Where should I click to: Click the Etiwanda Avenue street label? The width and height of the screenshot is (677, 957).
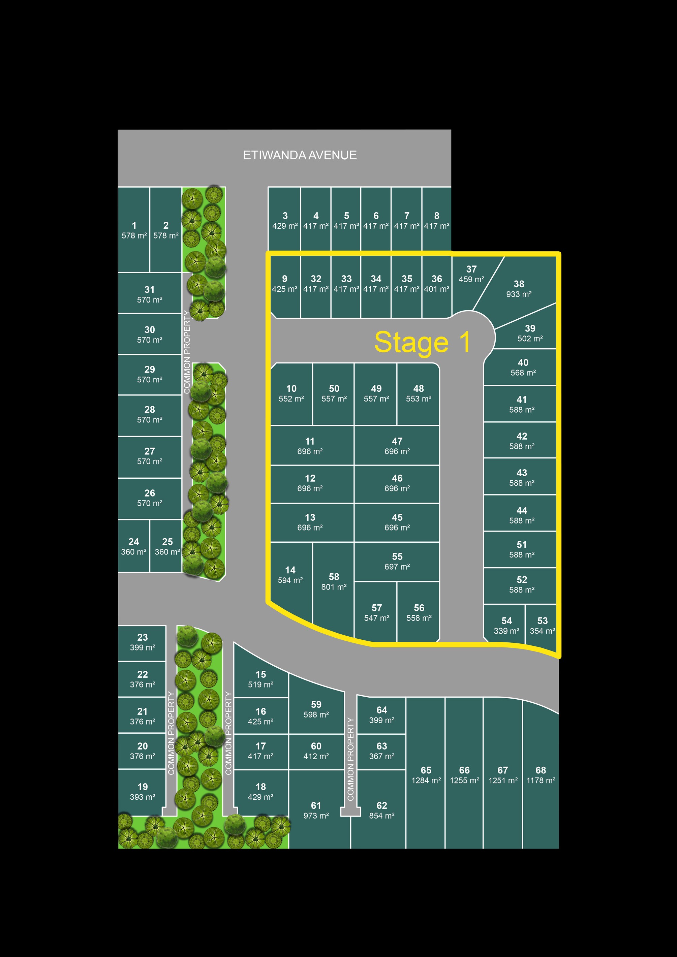pos(300,156)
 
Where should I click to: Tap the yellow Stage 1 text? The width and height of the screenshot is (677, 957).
pos(422,342)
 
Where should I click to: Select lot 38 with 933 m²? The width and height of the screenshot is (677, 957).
pos(519,289)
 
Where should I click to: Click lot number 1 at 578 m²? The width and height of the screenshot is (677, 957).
pos(134,230)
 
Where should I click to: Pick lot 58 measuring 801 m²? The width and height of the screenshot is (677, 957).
pos(334,581)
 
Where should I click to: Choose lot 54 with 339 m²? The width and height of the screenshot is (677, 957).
pos(506,626)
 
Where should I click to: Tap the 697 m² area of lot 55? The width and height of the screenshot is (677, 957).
pos(397,567)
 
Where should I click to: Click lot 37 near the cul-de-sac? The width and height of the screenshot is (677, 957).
pos(471,274)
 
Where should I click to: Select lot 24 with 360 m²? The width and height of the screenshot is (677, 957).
pos(133,546)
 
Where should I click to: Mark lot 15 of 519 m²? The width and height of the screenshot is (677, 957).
pos(260,679)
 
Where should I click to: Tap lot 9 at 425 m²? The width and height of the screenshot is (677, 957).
pos(284,283)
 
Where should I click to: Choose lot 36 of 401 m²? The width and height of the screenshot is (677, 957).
pos(436,283)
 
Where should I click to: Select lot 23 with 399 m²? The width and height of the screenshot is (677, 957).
pos(142,642)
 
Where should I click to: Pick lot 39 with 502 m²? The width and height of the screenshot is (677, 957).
pos(530,333)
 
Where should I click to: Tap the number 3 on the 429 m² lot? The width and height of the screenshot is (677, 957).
pos(285,216)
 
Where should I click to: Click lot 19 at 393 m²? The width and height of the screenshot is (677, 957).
pos(142,792)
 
